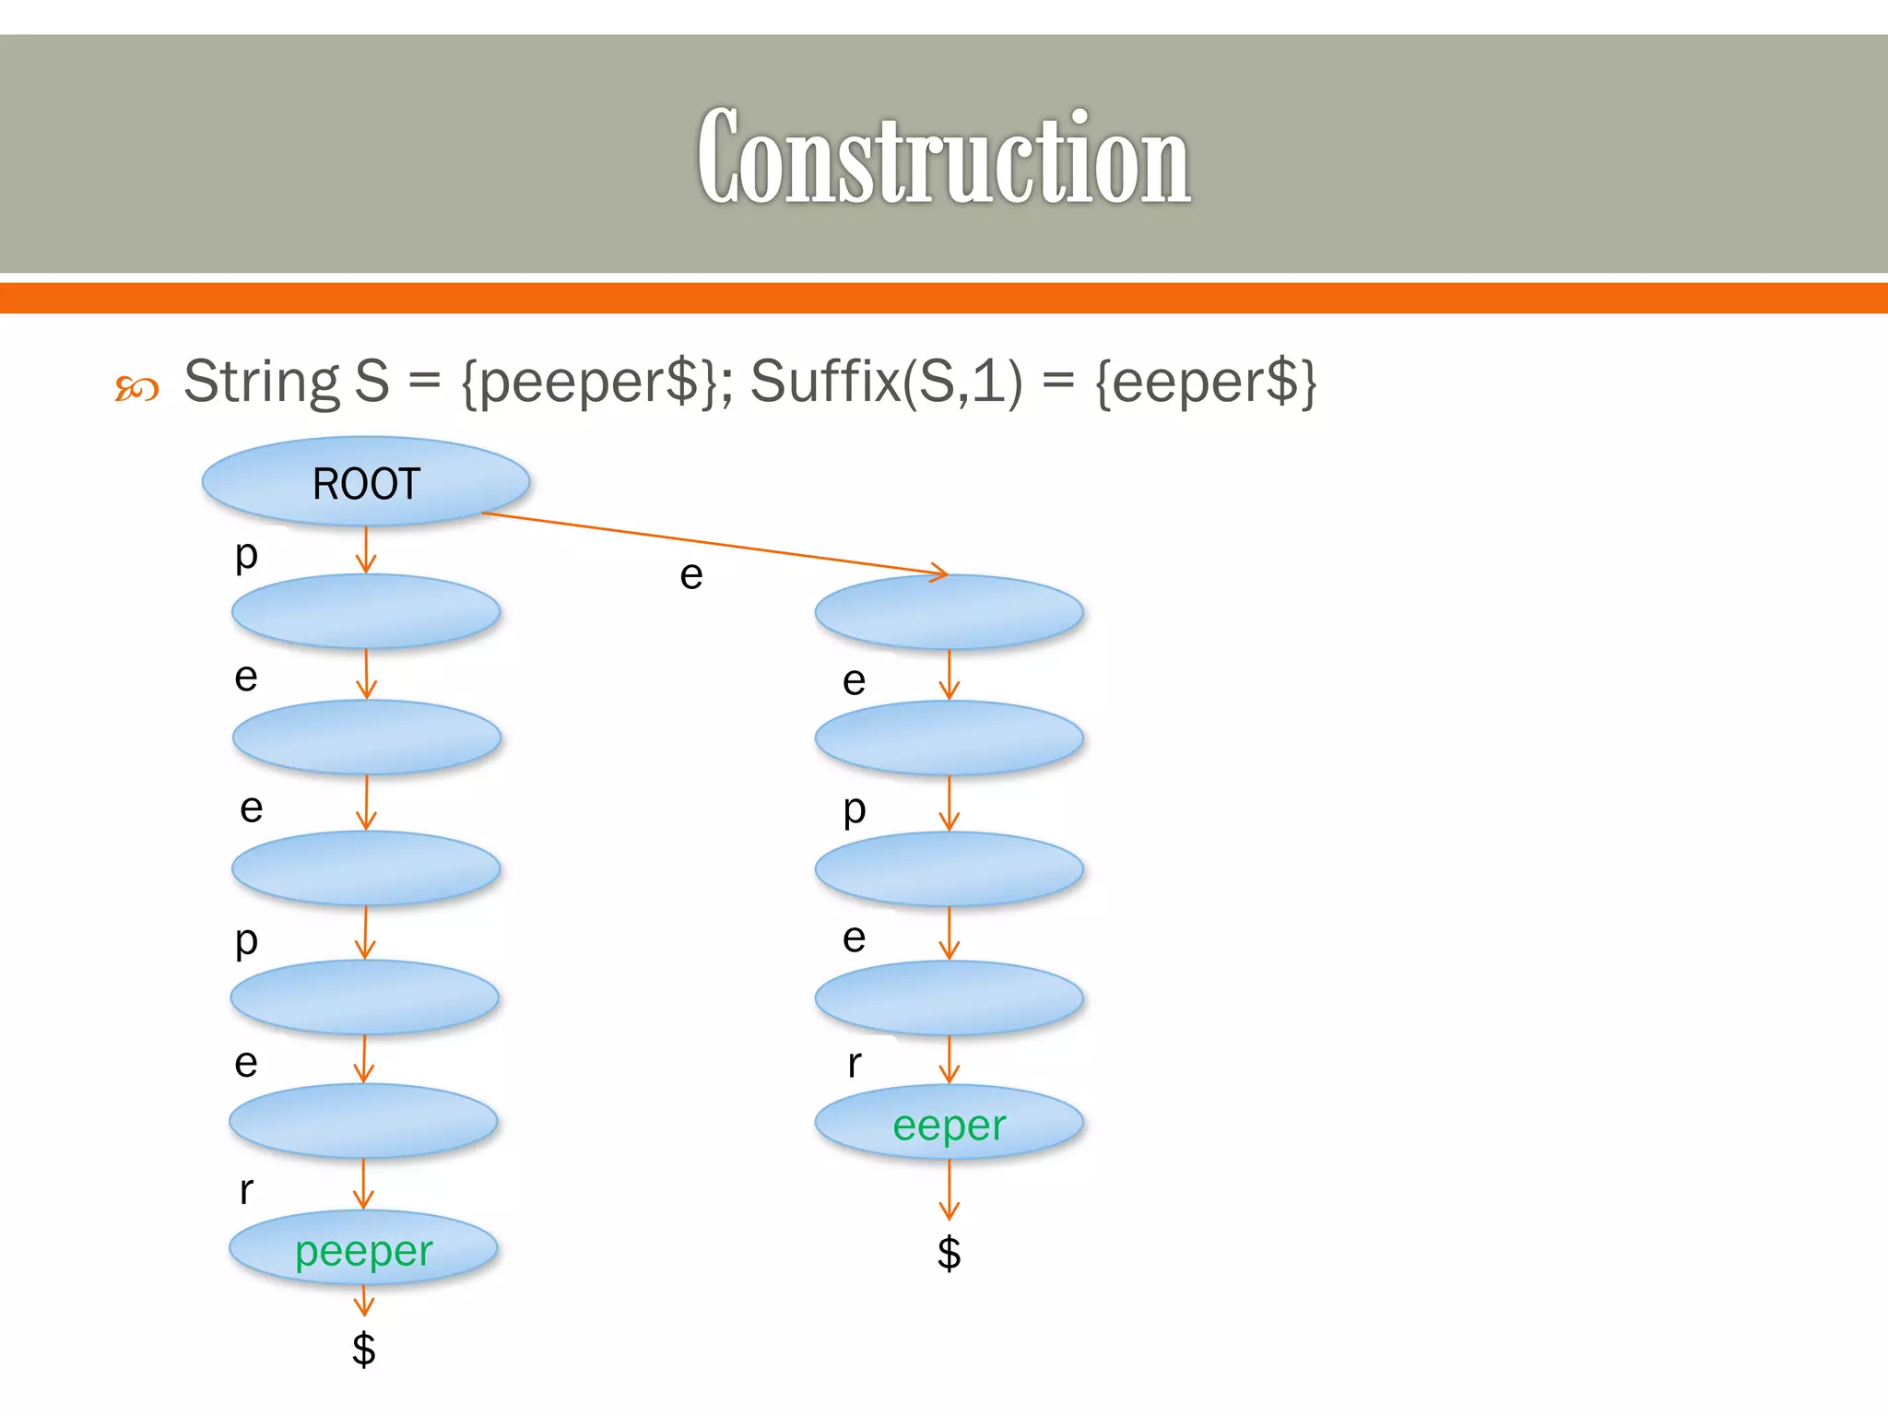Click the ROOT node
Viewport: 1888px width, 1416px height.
coord(366,482)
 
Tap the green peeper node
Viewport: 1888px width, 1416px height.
coord(363,1250)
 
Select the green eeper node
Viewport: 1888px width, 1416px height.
coord(949,1124)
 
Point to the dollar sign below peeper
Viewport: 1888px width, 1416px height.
coord(364,1349)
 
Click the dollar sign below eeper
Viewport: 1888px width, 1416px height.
coord(949,1253)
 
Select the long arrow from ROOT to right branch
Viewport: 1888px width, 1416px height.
coord(714,543)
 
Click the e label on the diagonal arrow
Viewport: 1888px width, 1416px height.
coord(691,575)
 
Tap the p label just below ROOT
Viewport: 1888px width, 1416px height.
coord(246,554)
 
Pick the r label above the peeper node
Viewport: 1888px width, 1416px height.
coord(246,1189)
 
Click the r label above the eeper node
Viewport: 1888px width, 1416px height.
coord(855,1063)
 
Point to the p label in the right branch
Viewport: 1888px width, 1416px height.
coord(855,809)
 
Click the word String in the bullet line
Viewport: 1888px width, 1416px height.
coord(262,381)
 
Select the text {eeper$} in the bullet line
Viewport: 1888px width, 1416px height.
coord(1206,381)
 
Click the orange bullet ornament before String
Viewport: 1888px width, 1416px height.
coord(136,388)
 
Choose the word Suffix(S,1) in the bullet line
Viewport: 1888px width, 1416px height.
coord(886,381)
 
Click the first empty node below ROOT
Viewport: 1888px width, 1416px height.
coord(366,611)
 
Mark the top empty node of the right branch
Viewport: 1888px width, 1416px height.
coord(949,611)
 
